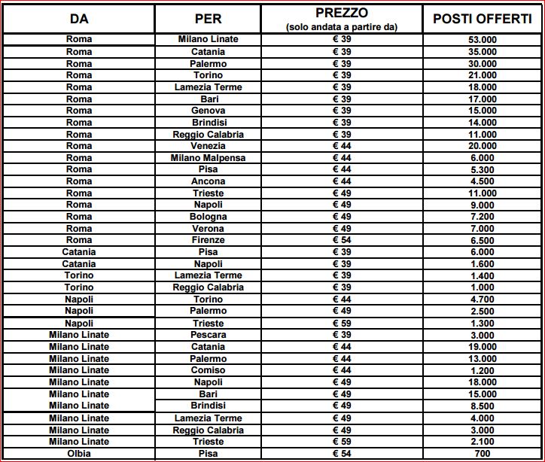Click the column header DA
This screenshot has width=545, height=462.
78,19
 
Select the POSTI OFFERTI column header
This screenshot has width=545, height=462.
483,19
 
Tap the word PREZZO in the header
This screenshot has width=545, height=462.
343,13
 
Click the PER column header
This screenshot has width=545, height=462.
208,19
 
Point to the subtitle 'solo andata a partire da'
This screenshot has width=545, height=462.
343,26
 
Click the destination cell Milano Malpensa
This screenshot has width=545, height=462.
208,158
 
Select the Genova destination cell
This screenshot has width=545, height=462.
208,111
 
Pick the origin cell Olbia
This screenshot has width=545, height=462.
78,454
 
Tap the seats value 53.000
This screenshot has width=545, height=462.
483,40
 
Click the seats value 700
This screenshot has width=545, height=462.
483,454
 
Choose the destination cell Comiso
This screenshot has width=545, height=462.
208,371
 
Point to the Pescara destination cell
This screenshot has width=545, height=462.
208,335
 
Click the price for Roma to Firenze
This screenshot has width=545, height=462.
343,240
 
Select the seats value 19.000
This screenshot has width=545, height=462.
483,347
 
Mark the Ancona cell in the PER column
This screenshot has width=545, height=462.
208,181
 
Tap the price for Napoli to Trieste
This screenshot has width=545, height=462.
343,323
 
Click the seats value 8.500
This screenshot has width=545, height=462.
483,406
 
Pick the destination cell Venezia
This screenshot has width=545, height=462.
208,146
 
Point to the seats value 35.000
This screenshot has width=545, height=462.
483,52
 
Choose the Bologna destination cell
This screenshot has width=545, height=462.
208,217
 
